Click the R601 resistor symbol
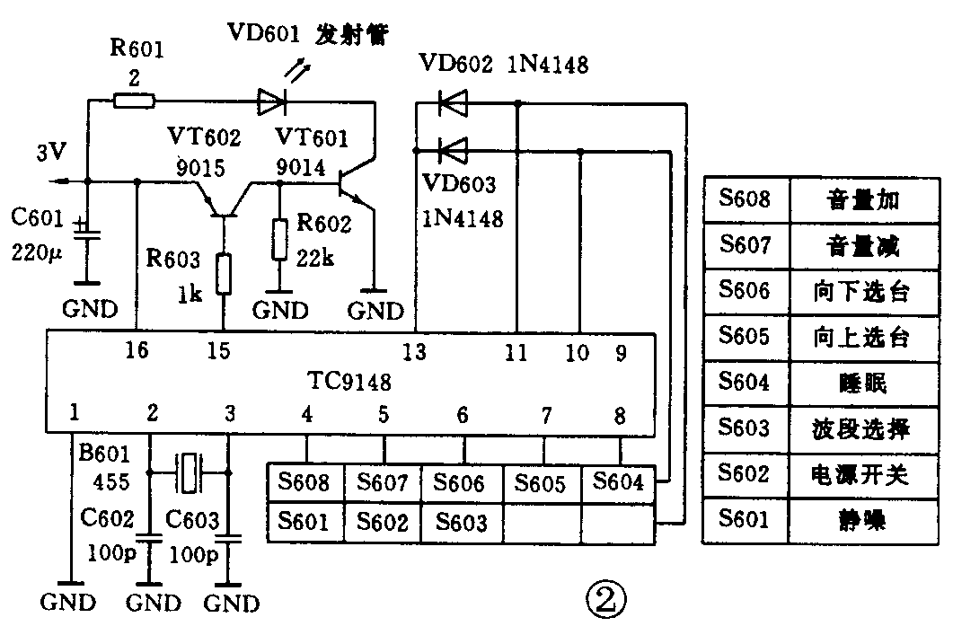click(x=134, y=101)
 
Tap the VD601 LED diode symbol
click(x=270, y=101)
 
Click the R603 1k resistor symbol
click(x=223, y=273)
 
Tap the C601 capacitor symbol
click(x=87, y=231)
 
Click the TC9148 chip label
click(x=348, y=383)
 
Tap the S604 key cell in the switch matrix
click(x=620, y=483)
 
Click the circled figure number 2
click(x=604, y=597)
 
